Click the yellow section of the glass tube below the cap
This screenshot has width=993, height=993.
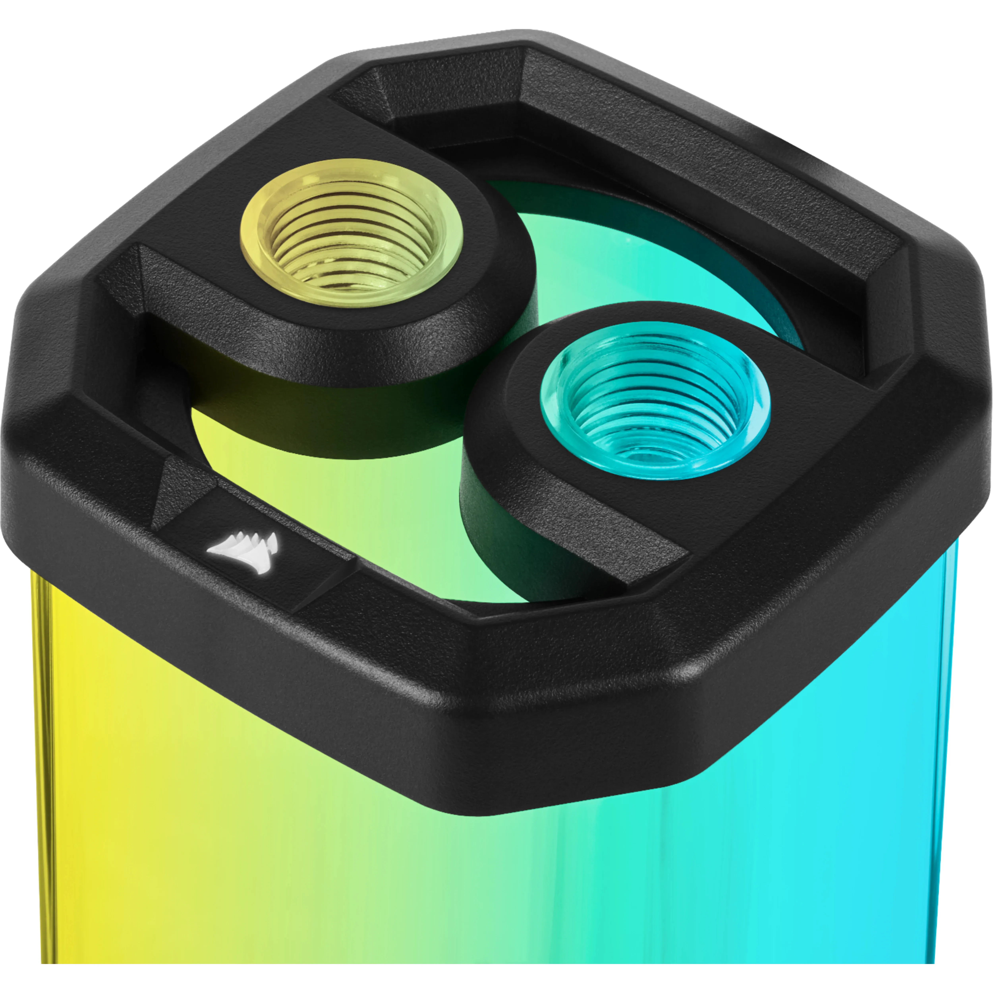coord(128,797)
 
